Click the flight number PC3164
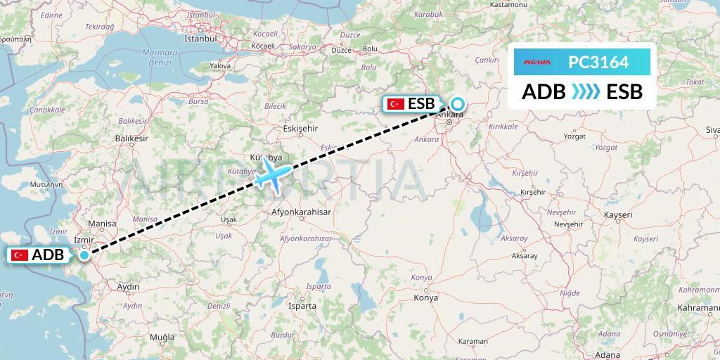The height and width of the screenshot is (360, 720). [x=598, y=63]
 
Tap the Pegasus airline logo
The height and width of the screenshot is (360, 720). [x=537, y=63]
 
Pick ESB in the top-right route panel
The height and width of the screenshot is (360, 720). [x=624, y=91]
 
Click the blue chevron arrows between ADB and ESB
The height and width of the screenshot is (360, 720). [x=585, y=91]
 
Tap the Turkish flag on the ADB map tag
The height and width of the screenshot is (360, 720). [x=20, y=255]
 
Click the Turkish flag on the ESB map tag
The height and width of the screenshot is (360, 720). [x=396, y=104]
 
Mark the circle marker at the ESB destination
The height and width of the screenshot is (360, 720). [x=458, y=103]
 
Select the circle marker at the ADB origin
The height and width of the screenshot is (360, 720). [x=84, y=255]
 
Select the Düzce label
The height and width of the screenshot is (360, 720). [x=340, y=51]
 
